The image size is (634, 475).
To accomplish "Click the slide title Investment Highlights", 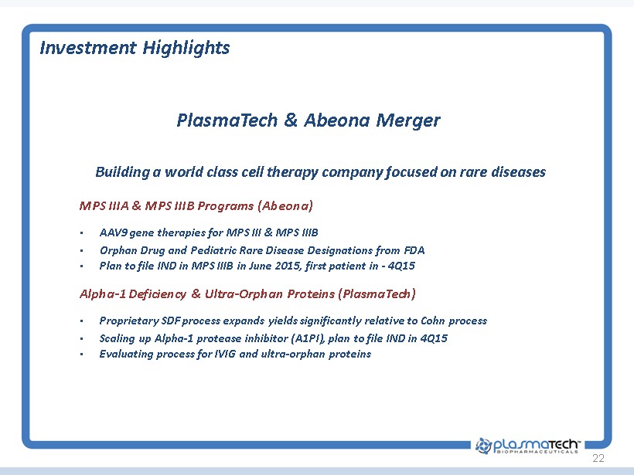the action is pos(135,48).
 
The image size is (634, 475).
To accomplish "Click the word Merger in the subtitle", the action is pos(408,120).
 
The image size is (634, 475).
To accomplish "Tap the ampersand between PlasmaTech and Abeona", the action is pos(291,120).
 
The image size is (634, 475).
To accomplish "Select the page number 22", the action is pos(598,458).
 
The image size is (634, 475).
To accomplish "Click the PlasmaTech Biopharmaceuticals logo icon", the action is pos(483,446).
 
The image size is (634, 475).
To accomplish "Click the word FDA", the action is pos(414,250).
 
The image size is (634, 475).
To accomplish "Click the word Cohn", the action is pos(433,321).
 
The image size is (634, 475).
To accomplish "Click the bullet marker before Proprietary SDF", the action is pos(82,321).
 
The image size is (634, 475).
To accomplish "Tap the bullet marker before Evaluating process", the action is pos(82,355).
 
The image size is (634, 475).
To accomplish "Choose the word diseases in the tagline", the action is pos(518,172).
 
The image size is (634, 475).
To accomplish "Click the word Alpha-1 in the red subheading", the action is pos(103,293).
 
